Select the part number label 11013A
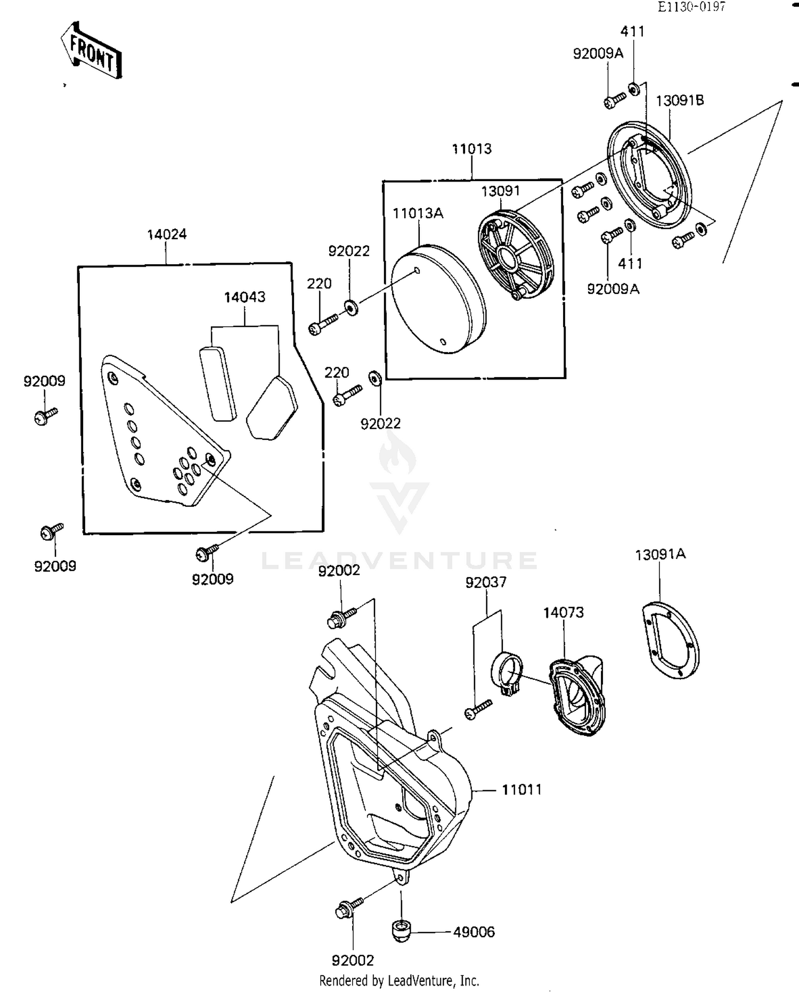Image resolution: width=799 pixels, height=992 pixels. pos(418,214)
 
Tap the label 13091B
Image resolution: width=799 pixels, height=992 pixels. pos(679,100)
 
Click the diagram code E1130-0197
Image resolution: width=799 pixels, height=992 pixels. pos(691,6)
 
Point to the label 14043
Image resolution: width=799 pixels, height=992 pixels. pos(244,297)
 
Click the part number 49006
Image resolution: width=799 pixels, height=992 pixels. pos(474,932)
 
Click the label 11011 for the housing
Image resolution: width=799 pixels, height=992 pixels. pos(521,790)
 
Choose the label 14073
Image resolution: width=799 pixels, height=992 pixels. pos(563,612)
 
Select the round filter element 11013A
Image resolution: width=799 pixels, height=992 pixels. pos(438,299)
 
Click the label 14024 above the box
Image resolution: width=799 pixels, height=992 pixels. pos(167,234)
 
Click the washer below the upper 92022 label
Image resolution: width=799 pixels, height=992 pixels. pos(351,307)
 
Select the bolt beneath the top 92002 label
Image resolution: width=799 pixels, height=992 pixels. pos(340,617)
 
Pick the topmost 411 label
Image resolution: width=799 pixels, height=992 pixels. pos(632,31)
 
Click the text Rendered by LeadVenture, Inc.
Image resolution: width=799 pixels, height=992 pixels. pos(399,980)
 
